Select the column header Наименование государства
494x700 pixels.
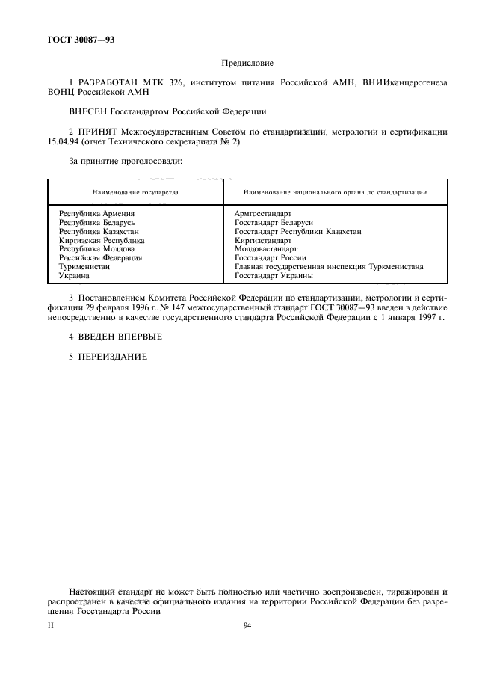click(135, 192)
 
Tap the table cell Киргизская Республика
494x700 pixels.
click(102, 241)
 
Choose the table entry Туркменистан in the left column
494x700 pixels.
click(84, 266)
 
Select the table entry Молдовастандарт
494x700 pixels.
click(265, 249)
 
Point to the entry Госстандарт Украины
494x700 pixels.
click(273, 275)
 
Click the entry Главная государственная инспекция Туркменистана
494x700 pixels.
click(329, 266)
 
